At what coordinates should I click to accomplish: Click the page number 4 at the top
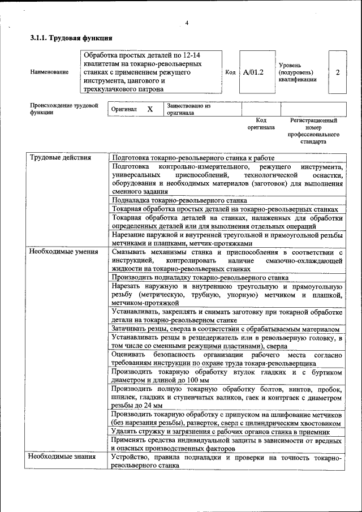point(186,23)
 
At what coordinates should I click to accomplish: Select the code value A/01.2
point(253,72)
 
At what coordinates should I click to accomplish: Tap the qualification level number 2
point(338,72)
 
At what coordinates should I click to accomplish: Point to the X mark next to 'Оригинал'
point(150,109)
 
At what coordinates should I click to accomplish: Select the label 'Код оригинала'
point(260,124)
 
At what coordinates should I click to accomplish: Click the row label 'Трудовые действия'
point(61,158)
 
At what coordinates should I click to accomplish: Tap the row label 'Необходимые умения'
point(63,252)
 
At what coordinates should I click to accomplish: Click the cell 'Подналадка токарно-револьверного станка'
point(179,200)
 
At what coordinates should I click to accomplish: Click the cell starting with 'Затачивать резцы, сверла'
point(225,329)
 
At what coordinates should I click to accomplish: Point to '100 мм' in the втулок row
point(188,381)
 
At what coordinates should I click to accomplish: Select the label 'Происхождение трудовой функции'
point(64,109)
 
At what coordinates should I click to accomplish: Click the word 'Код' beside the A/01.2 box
point(230,72)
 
